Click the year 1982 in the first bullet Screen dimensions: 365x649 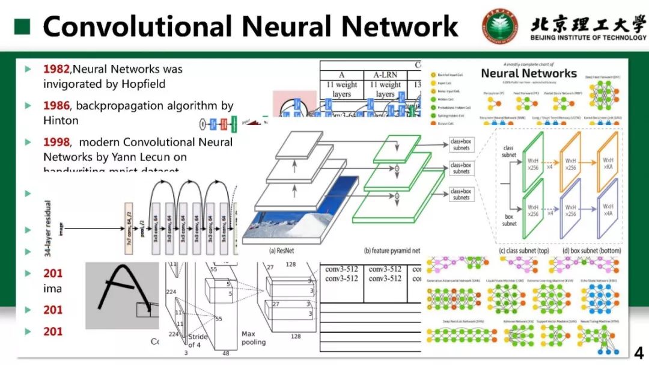(56, 69)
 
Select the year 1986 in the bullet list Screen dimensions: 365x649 (56, 106)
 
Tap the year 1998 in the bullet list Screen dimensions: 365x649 (56, 143)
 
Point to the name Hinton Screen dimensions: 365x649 (61, 121)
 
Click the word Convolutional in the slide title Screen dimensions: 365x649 (137, 26)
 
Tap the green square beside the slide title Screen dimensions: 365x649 (22, 26)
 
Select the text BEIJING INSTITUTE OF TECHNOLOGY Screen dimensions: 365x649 (588, 38)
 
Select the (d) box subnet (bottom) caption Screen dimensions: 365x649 (591, 251)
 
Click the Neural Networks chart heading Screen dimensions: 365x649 (529, 73)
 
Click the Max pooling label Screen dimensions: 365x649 (253, 338)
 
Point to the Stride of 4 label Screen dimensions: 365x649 (198, 340)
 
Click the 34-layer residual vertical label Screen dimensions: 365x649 (48, 229)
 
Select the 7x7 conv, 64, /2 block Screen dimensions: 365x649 (128, 229)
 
